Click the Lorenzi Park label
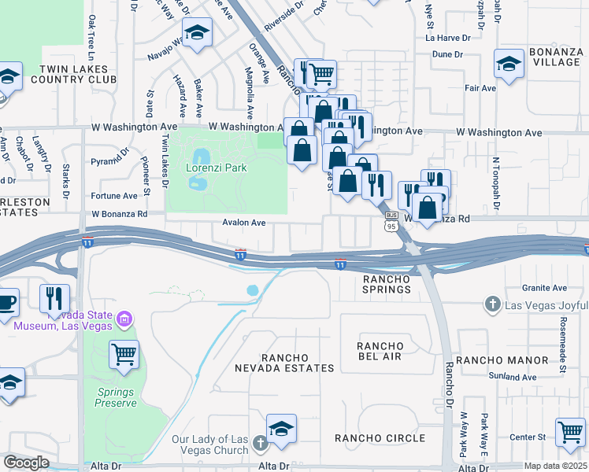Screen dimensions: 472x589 point(217,168)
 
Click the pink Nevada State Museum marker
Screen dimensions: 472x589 point(124,319)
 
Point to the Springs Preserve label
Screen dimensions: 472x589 point(117,397)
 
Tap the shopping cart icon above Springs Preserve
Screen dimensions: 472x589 point(124,354)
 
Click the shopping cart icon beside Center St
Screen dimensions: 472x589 point(569,430)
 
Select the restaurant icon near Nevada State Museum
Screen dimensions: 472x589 point(54,297)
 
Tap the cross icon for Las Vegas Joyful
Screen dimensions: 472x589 point(492,304)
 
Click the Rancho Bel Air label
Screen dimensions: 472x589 point(380,351)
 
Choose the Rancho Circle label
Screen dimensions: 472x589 point(380,437)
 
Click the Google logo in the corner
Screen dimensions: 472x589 point(26,462)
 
